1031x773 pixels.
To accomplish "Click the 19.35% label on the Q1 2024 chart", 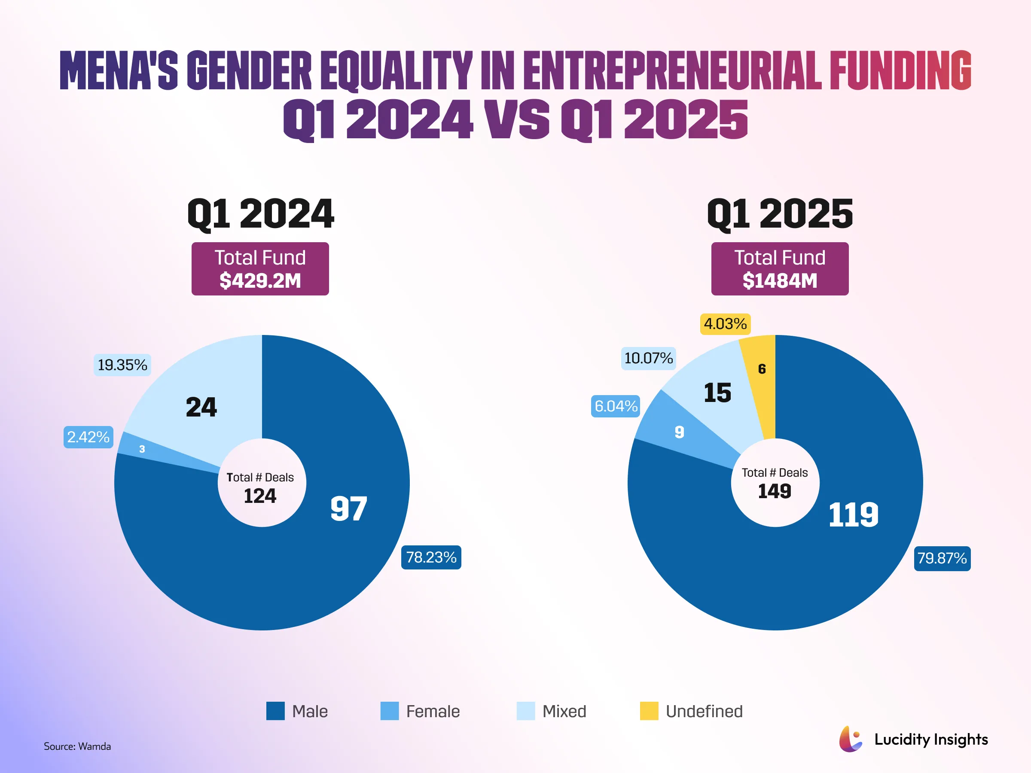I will click(122, 365).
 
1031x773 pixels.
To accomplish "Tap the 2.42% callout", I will click(88, 437).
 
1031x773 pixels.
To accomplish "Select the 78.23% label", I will click(431, 557).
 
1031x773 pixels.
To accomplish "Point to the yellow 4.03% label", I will click(725, 324).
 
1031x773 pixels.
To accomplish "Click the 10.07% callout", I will click(648, 358).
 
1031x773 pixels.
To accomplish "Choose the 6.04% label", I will click(616, 406).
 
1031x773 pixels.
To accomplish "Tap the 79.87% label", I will click(942, 558).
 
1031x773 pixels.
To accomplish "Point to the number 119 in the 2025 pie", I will click(853, 515).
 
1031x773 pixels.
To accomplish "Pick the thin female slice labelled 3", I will click(142, 449).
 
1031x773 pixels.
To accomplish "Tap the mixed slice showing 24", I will click(201, 407).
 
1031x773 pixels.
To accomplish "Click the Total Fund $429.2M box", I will click(260, 269).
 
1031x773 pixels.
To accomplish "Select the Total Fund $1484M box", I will click(780, 269).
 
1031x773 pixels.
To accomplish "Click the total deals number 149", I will click(775, 491).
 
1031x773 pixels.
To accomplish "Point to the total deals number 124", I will click(260, 496).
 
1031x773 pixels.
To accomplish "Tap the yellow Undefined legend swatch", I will click(649, 711).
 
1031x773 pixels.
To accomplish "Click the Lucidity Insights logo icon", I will click(851, 739).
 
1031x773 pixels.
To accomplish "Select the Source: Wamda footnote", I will click(77, 746).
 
